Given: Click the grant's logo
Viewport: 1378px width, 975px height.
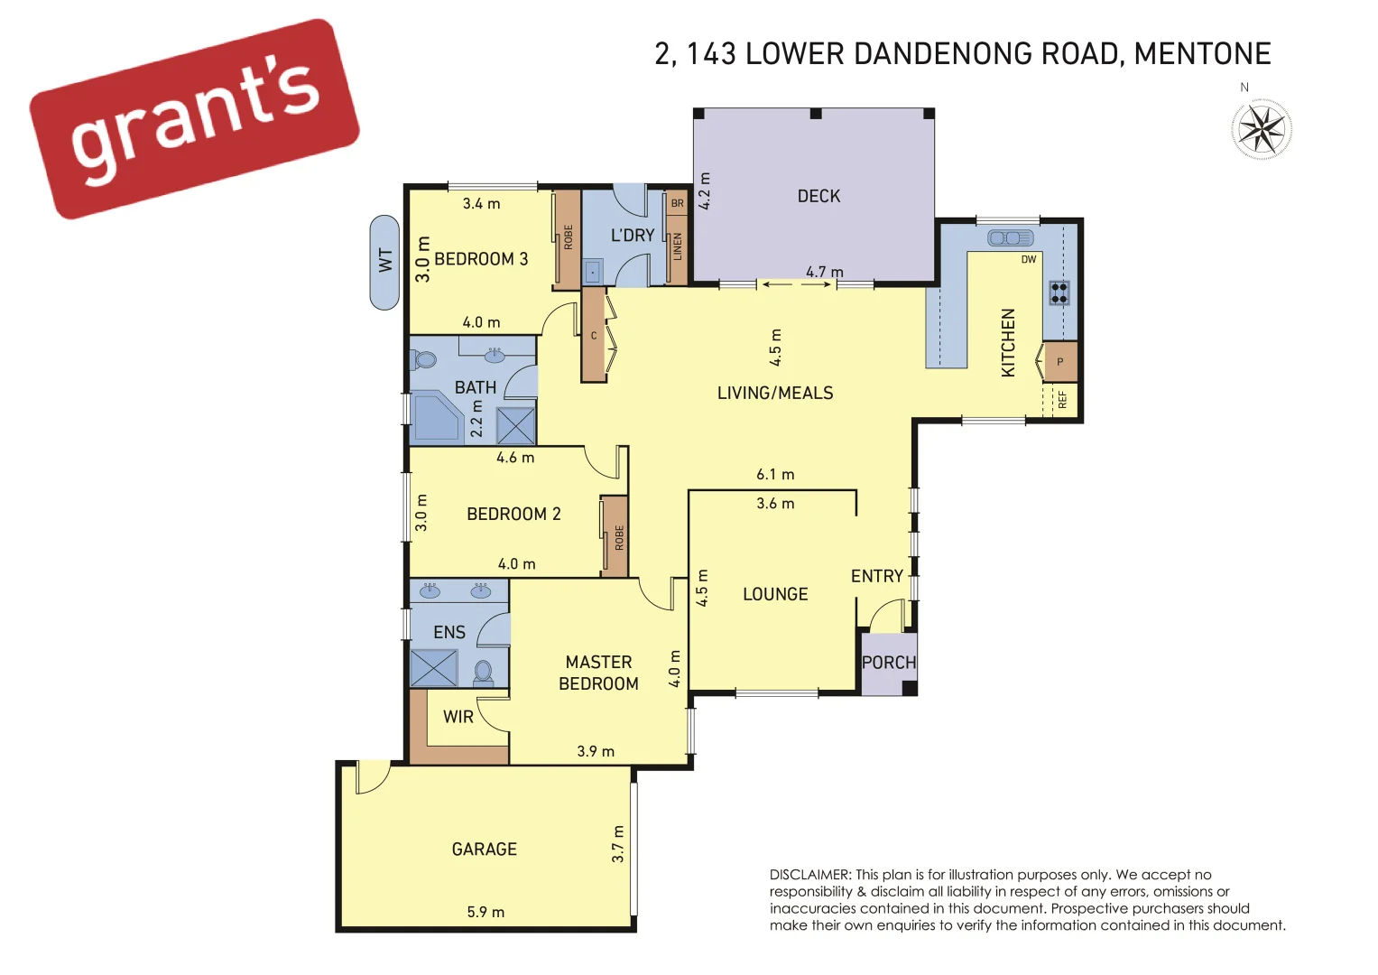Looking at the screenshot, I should pyautogui.click(x=194, y=117).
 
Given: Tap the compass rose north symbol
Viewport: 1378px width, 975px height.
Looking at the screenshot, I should pyautogui.click(x=1262, y=129).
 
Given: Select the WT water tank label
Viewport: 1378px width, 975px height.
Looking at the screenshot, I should pyautogui.click(x=385, y=262).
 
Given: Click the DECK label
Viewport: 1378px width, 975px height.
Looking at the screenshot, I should pyautogui.click(x=818, y=196).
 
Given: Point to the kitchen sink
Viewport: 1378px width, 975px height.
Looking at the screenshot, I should pyautogui.click(x=1010, y=238).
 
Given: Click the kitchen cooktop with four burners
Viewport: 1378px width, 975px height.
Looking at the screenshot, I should pyautogui.click(x=1059, y=292).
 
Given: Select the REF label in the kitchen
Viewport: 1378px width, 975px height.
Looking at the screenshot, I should pyautogui.click(x=1062, y=399).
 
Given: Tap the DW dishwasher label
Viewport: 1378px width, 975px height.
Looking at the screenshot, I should pyautogui.click(x=1029, y=260).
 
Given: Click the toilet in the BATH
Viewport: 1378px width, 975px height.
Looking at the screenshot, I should pyautogui.click(x=423, y=360).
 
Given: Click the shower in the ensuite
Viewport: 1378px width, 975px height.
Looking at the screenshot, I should pyautogui.click(x=434, y=668).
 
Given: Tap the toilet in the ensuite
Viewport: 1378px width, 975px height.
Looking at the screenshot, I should pyautogui.click(x=484, y=673).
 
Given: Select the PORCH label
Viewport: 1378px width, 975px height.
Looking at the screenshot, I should pyautogui.click(x=889, y=663).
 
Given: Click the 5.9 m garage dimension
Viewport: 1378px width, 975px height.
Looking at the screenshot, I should pyautogui.click(x=486, y=912).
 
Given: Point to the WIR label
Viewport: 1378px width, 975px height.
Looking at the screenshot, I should pyautogui.click(x=458, y=717).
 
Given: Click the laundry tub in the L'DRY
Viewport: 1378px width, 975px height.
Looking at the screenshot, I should pyautogui.click(x=592, y=271).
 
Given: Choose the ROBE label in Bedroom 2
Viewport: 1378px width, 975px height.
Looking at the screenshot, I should pyautogui.click(x=619, y=538).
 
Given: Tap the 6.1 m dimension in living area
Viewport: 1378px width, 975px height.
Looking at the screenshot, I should pyautogui.click(x=775, y=474).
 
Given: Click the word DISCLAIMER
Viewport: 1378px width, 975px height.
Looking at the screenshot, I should pyautogui.click(x=809, y=875).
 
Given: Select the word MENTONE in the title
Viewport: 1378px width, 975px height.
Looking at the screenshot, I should pyautogui.click(x=1202, y=54).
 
